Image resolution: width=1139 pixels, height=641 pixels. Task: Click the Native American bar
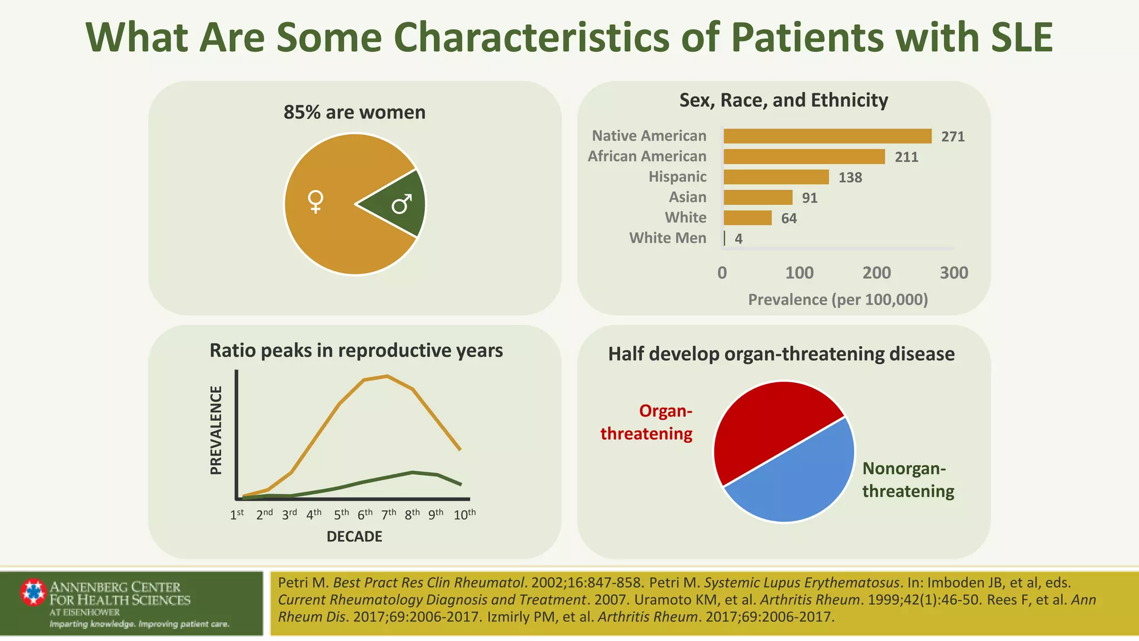coord(827,136)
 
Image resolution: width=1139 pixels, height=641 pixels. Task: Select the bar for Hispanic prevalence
coord(776,177)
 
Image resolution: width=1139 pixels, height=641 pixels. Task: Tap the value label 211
coord(906,157)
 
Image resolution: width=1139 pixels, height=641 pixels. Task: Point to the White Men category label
coord(667,238)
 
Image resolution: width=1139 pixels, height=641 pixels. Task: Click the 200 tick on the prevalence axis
coord(876,273)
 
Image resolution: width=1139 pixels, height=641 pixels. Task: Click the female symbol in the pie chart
coord(315,201)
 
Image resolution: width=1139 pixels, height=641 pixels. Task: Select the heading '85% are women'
coord(354,112)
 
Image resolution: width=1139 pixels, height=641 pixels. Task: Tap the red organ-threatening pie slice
coord(767,428)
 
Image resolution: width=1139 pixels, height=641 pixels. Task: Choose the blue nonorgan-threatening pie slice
coord(801,479)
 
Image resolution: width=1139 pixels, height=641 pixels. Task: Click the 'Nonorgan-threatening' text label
coord(908,480)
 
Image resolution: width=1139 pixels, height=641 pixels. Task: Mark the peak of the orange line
coord(387,376)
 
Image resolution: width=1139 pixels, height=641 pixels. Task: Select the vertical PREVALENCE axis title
coord(216,430)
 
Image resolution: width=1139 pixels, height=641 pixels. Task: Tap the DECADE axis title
coord(354,536)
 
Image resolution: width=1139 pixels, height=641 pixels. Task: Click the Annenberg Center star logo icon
coord(33,592)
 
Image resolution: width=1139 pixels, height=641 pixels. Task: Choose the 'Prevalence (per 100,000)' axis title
coord(838,300)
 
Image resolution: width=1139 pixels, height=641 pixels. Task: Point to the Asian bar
coord(757,198)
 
